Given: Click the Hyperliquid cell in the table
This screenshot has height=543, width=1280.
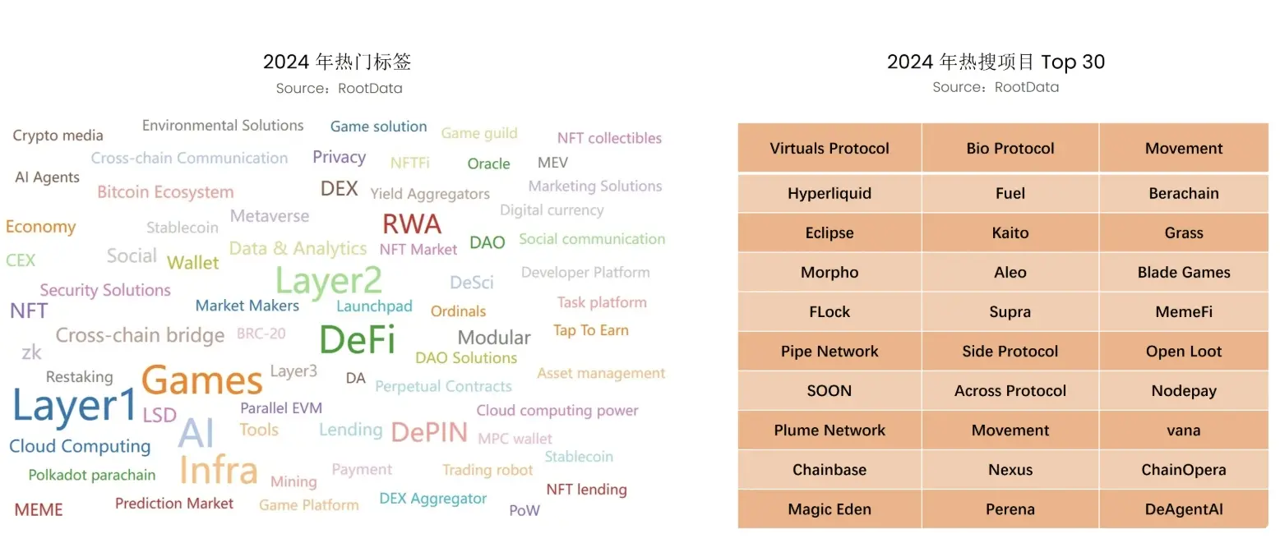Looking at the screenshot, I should tap(829, 194).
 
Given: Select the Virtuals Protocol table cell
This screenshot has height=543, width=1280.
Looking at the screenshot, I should tap(829, 149).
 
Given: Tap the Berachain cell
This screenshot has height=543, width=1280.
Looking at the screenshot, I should tap(1184, 194).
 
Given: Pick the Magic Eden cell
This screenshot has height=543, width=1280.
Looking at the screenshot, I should tap(829, 509).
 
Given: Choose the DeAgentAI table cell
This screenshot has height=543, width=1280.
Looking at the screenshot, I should tap(1184, 509).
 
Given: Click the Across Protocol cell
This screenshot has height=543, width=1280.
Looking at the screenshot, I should tap(1010, 391).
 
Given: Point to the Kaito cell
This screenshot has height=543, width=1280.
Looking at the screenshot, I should tap(1010, 233).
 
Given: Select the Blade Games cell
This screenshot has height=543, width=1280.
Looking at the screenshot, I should tap(1184, 273).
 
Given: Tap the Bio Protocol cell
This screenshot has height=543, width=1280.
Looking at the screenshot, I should tap(1010, 149).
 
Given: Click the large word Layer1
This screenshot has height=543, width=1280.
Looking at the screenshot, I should tap(75, 407).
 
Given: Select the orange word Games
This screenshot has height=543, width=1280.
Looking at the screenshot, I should tap(202, 380).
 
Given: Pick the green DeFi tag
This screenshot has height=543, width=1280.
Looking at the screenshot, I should tap(357, 339).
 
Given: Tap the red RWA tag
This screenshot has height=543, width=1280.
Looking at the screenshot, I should tap(412, 223).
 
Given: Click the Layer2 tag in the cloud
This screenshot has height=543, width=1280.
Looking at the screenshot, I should tap(329, 281).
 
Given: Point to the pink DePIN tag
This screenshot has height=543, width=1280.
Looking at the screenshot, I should tap(429, 432).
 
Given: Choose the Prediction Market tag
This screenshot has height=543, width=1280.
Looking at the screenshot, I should tap(174, 503).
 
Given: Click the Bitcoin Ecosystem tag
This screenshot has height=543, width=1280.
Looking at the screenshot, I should tap(165, 192).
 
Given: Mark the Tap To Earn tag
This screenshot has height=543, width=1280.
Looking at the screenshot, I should tap(590, 330).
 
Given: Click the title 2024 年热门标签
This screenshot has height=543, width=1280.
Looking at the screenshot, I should tap(337, 62).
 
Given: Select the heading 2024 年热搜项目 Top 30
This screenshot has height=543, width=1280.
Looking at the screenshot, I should tap(996, 62).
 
